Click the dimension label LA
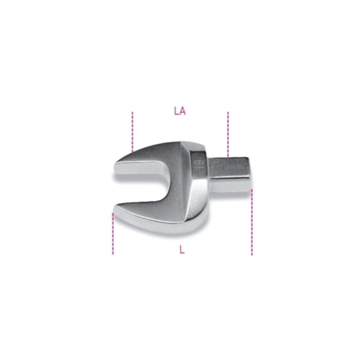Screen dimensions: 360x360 tap(179, 111)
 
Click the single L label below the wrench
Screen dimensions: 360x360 tap(182, 250)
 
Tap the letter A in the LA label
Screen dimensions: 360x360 tap(182, 111)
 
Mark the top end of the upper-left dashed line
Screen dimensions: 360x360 tap(133, 113)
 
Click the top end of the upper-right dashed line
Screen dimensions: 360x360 tap(228, 113)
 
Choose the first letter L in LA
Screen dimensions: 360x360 tap(176, 111)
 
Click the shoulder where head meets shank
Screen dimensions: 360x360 tap(210, 173)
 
